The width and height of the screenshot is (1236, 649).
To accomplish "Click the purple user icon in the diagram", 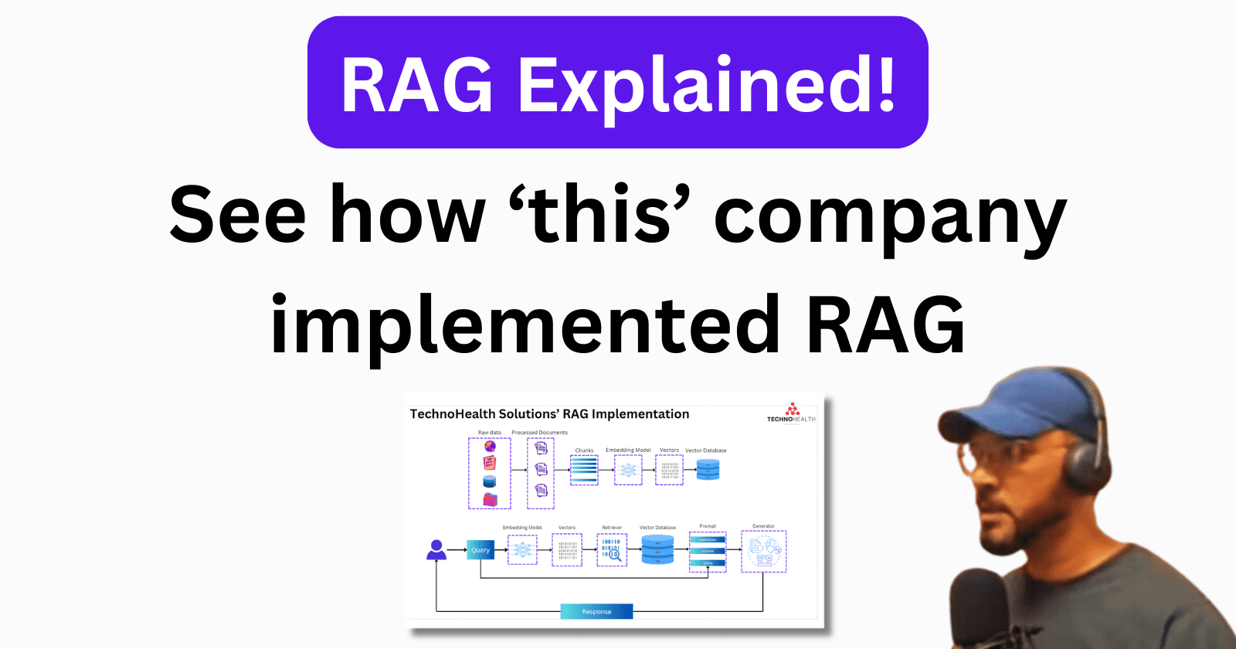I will pos(436,550).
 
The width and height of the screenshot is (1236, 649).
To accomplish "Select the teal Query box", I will pos(480,549).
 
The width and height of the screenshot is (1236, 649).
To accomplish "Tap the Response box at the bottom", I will pos(596,611).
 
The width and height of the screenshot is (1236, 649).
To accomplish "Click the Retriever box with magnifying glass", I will pos(611,549).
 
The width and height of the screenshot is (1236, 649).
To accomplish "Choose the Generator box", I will pos(763,551).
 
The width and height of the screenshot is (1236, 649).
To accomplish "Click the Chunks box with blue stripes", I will pos(584,470).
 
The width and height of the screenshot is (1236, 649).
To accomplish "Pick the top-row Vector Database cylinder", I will pos(708,470).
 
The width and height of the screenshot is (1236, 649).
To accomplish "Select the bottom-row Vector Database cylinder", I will pos(657,550).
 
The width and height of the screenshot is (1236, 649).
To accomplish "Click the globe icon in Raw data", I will pos(490,447).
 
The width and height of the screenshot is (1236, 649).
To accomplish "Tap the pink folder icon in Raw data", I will pos(490,499).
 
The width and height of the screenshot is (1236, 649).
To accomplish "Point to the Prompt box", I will pos(708,552).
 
